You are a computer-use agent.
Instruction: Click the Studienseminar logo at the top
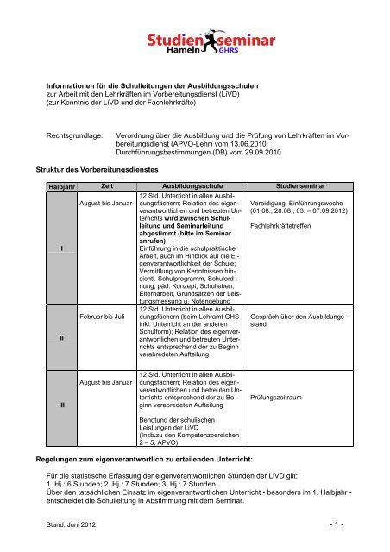(x=194, y=41)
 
